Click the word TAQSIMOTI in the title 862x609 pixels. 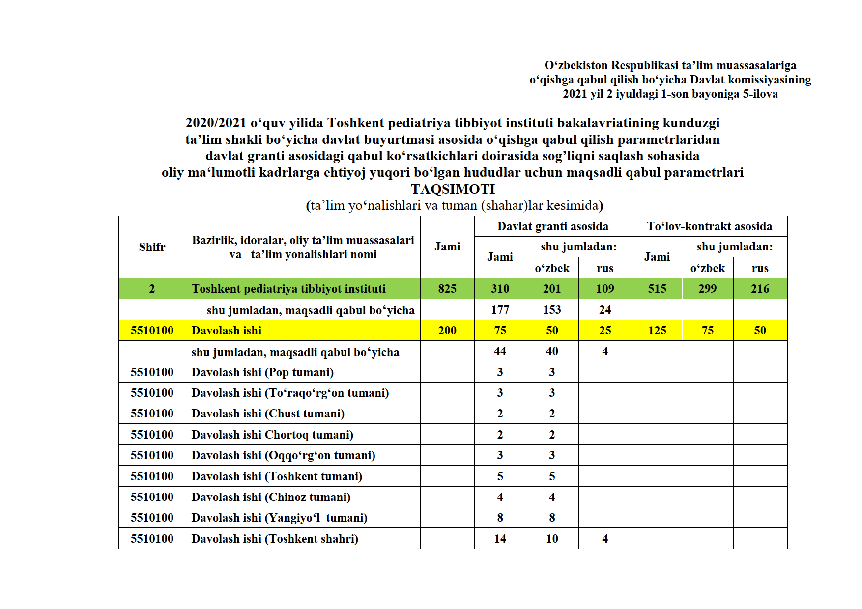coord(453,189)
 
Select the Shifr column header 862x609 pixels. coord(152,247)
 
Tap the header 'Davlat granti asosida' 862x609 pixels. coord(552,226)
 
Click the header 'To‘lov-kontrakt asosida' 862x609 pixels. coord(709,226)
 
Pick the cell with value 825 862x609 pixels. coord(447,289)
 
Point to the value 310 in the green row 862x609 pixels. coord(500,289)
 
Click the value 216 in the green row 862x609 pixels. coord(760,289)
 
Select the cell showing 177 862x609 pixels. coord(500,310)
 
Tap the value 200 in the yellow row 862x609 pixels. coord(447,331)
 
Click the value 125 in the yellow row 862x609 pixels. coord(657,331)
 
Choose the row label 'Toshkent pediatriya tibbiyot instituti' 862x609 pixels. coord(288,289)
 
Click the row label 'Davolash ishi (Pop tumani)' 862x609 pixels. coord(262,372)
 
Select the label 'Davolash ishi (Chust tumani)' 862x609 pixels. coord(268,414)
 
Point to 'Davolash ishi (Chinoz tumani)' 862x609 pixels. coord(271,497)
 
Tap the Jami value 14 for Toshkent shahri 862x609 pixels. coord(500,539)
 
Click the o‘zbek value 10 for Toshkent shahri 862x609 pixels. coord(552,539)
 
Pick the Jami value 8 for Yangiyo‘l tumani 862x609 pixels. coord(500,518)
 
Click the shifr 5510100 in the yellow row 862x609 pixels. coord(152,331)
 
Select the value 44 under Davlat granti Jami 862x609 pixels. coord(500,351)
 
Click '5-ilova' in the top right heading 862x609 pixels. coord(760,94)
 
